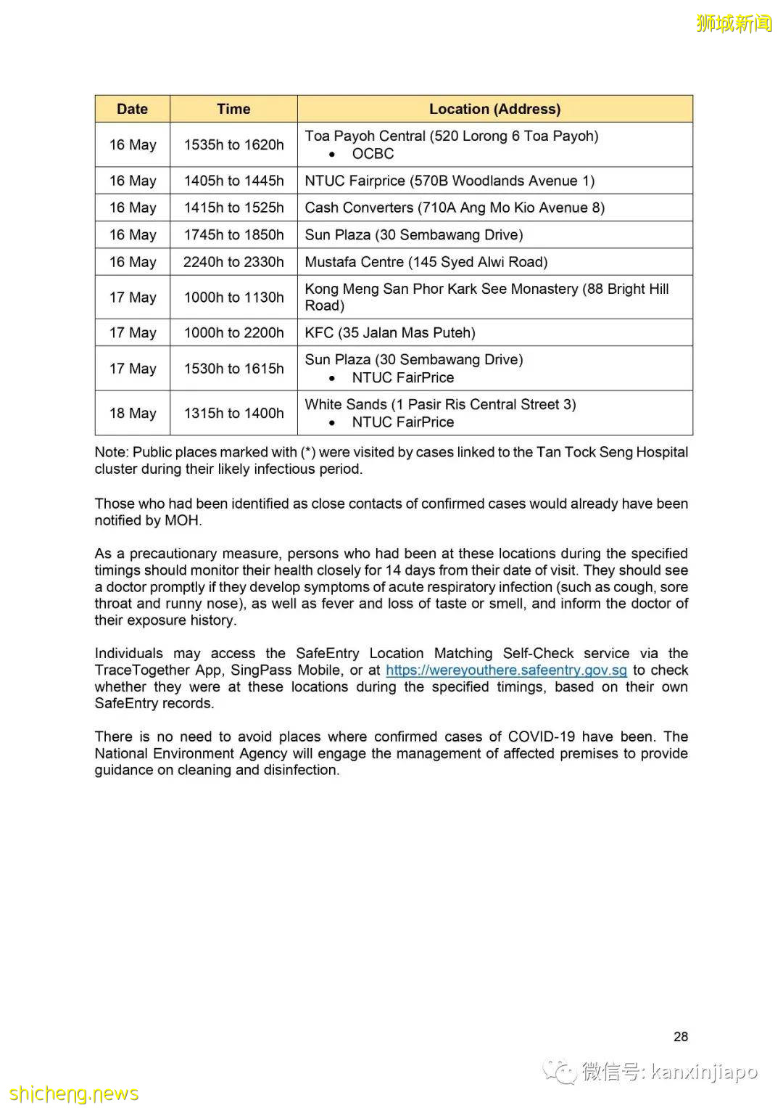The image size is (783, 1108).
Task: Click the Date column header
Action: tap(132, 109)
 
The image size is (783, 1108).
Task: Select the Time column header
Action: tap(233, 109)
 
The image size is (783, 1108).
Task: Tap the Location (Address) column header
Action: tap(494, 109)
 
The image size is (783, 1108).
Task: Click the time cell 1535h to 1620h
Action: tap(233, 144)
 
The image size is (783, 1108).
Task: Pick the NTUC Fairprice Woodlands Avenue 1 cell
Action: tap(449, 181)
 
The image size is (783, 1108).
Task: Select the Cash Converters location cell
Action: tap(455, 208)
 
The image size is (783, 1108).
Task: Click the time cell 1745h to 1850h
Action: tap(233, 234)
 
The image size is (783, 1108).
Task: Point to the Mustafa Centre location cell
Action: tap(426, 262)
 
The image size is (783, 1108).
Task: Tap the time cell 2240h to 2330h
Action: tap(233, 262)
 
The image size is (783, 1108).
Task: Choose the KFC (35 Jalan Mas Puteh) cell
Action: tap(390, 332)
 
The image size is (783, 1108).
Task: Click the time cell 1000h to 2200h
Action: tap(233, 332)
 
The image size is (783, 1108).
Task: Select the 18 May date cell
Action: tap(133, 413)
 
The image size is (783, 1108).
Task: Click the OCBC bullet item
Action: tap(373, 154)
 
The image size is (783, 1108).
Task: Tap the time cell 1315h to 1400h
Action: tap(233, 413)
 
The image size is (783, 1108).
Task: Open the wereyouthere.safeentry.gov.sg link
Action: tap(506, 670)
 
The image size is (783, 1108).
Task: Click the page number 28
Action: tap(681, 1037)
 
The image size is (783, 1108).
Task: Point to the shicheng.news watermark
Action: tap(74, 1093)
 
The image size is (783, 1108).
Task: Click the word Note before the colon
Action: tap(110, 452)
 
